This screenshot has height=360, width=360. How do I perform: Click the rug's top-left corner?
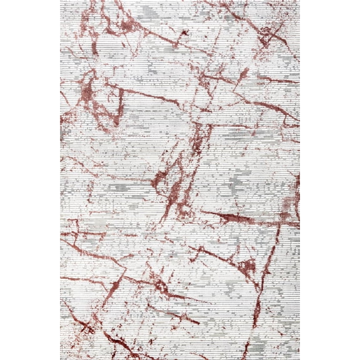tap(61, 1)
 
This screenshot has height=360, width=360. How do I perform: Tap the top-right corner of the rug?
tap(299, 1)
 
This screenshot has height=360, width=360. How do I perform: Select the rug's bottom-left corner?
tap(61, 359)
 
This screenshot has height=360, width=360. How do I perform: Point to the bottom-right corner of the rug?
tap(299, 359)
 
